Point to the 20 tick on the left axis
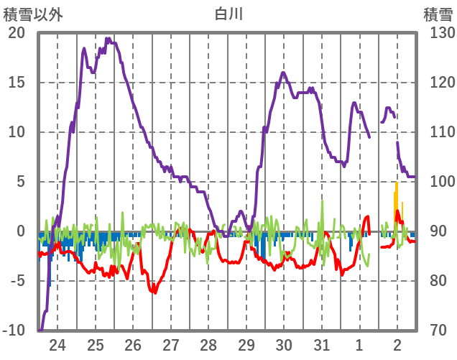click(x=17, y=33)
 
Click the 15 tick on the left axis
click(x=17, y=83)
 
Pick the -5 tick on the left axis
click(x=17, y=281)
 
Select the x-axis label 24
click(x=57, y=346)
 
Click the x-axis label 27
click(x=171, y=346)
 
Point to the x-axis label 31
click(x=323, y=346)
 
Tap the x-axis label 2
click(x=398, y=346)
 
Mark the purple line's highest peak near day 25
click(x=108, y=40)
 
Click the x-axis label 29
click(x=246, y=346)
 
